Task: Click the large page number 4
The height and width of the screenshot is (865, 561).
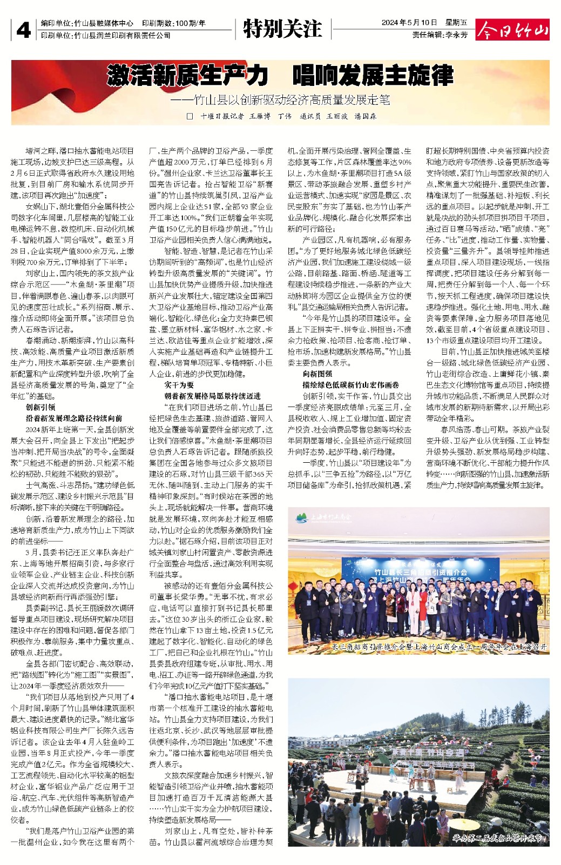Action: pos(23,30)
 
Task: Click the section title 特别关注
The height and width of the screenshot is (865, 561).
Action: pos(282,29)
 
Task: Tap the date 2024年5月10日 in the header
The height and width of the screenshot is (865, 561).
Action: pos(409,23)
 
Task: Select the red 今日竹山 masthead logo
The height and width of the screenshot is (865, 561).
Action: pos(512,30)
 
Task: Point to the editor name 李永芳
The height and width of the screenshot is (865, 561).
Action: pos(456,35)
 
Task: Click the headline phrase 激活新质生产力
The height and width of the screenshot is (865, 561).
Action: pos(187,75)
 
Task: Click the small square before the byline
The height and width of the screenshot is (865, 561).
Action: pos(190,116)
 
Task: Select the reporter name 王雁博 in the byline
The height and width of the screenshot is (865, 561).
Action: pos(259,116)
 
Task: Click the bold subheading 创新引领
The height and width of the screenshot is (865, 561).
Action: pos(40,407)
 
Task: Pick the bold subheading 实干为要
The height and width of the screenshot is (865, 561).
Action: pos(179,385)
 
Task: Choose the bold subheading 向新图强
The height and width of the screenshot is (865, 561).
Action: pos(317,374)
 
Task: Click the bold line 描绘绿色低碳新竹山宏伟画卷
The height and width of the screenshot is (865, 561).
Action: pos(350,385)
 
